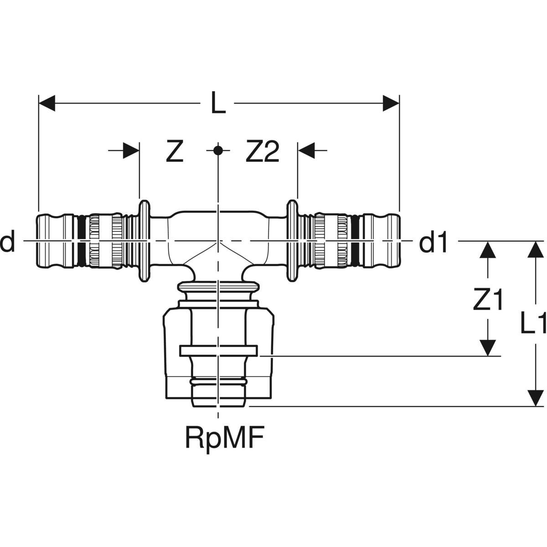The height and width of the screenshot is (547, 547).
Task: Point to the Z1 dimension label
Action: tap(488, 301)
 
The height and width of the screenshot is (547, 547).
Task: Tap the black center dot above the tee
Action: tap(218, 150)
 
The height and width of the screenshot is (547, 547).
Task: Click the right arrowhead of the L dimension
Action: tap(391, 103)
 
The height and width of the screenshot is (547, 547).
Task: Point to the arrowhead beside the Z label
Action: tap(131, 150)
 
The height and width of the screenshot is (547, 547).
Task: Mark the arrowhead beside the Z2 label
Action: tap(305, 150)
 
